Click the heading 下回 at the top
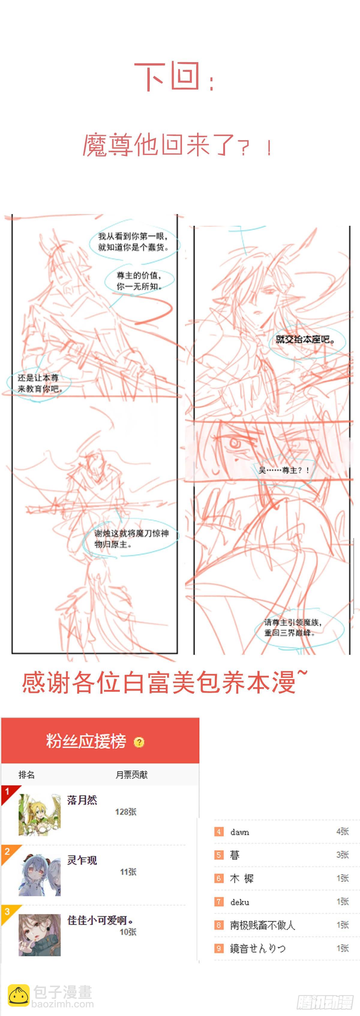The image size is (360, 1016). (173, 77)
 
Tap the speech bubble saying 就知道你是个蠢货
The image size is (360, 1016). (133, 242)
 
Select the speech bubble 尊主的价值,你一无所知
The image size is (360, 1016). (139, 281)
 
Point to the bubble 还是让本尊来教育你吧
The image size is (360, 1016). (38, 383)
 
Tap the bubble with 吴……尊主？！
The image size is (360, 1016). (284, 470)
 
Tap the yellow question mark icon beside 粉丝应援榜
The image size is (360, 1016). (139, 742)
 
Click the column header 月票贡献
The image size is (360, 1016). (131, 775)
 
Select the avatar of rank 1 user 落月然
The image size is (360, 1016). (39, 815)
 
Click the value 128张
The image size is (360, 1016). (125, 812)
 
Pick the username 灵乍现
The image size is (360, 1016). (82, 860)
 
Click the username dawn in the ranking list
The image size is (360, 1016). (240, 832)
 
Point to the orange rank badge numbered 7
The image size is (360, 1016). (218, 902)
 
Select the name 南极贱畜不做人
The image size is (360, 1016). (262, 925)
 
